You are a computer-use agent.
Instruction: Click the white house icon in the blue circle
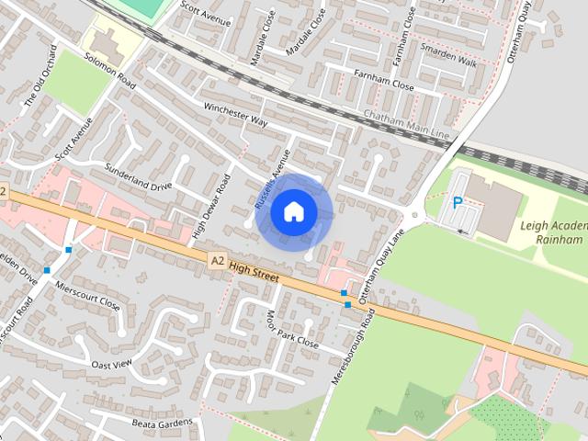[x=293, y=211]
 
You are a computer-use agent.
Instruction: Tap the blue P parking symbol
[x=457, y=203]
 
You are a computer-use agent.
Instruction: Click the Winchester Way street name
[x=234, y=115]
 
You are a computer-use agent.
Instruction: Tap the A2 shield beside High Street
[x=217, y=261]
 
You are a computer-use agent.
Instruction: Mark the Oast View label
[x=112, y=364]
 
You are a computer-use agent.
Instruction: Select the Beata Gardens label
[x=163, y=424]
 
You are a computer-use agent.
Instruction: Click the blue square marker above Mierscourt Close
[x=68, y=249]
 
